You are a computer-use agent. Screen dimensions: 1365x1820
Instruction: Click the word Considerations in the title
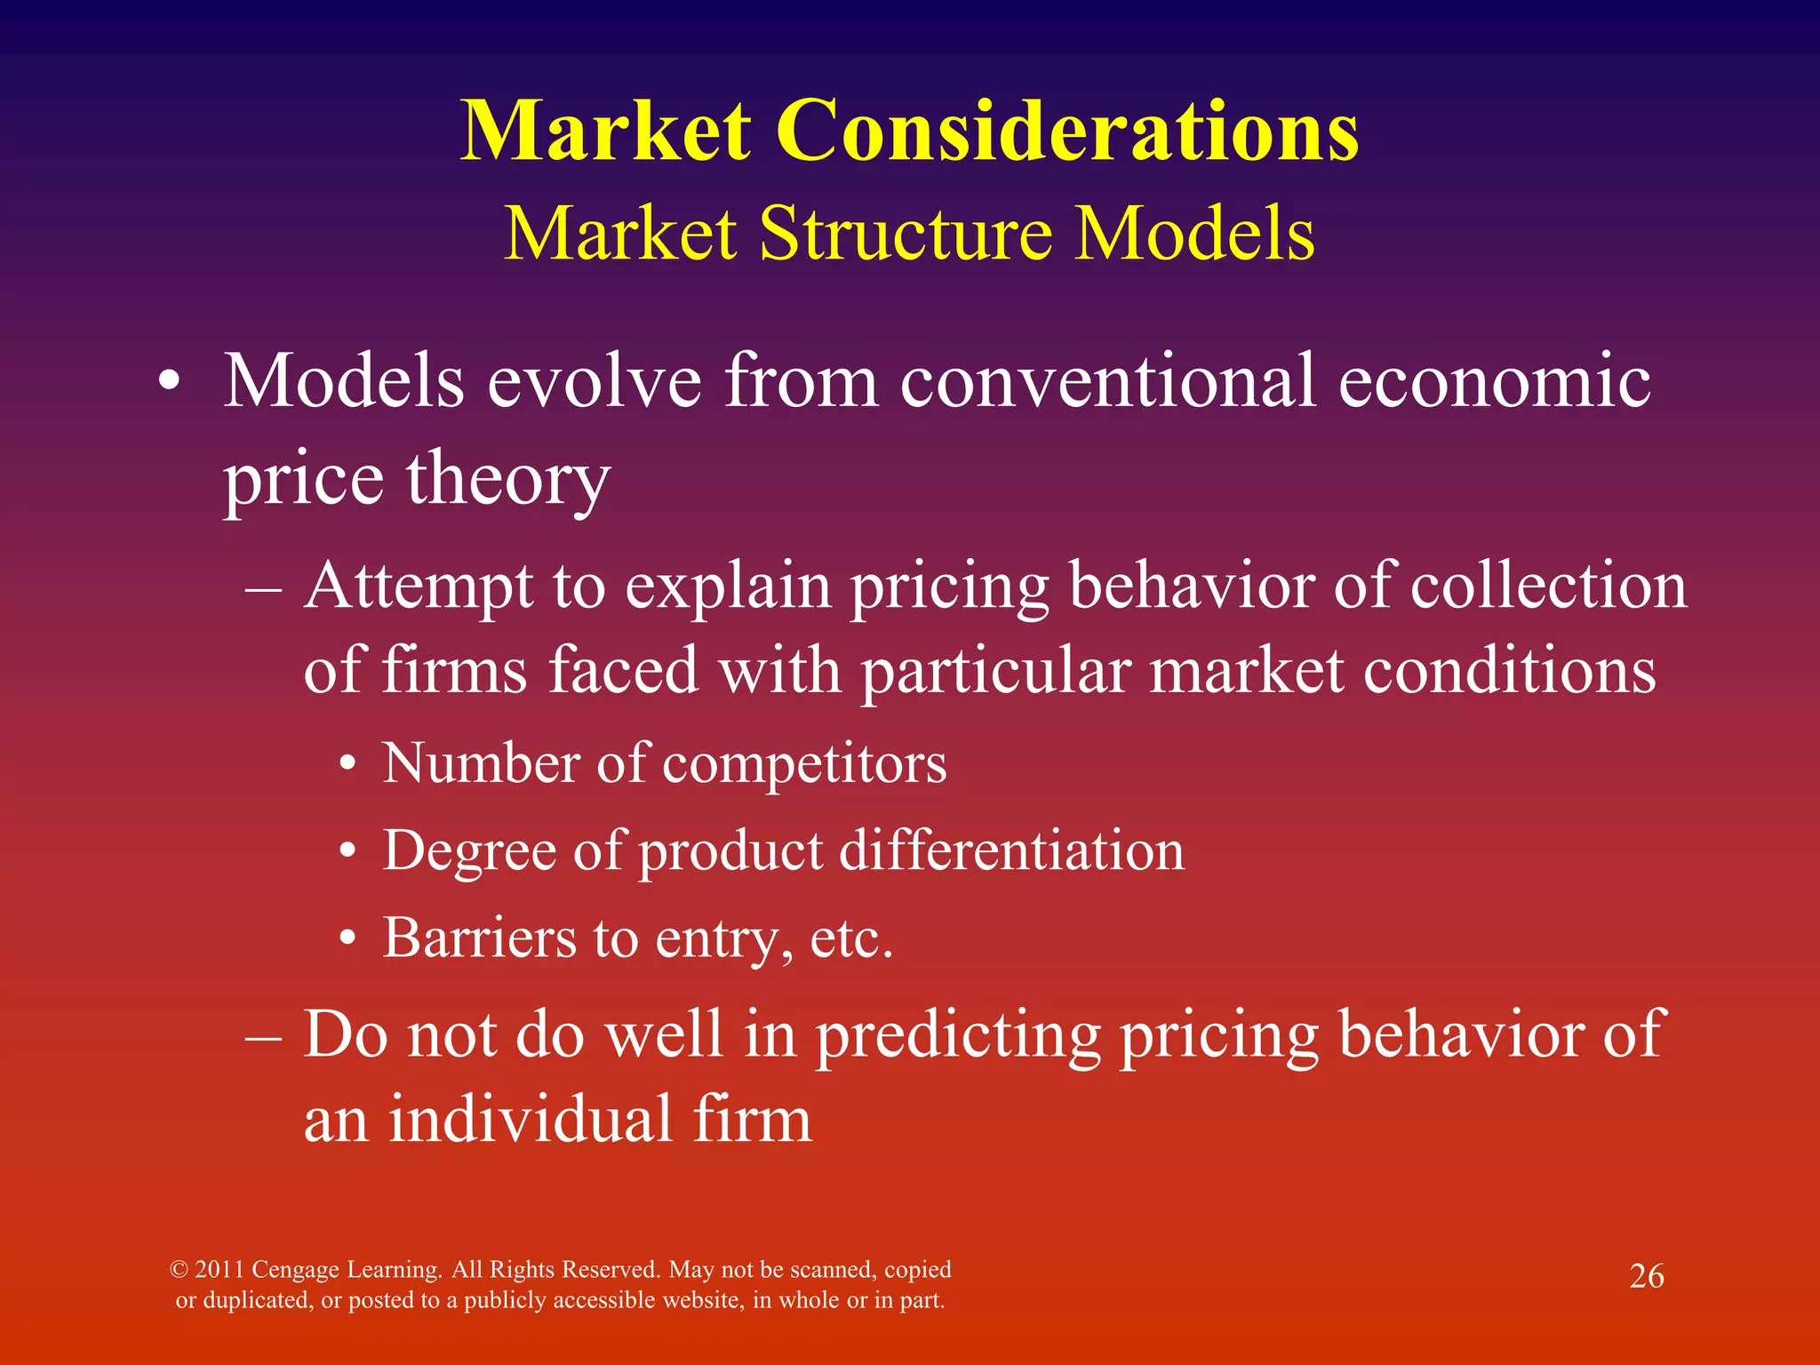1067,132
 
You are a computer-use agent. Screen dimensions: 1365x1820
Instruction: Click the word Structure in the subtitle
906,234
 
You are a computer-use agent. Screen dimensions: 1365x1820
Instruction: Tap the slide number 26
1646,1276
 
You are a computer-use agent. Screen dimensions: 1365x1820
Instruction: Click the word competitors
804,764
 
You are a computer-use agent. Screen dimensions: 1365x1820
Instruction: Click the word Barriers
479,938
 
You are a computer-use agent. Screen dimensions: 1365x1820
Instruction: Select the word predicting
958,1036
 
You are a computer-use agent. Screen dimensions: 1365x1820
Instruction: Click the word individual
530,1120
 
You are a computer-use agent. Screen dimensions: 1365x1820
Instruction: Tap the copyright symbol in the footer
179,1270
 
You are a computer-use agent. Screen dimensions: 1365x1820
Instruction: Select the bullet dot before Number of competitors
348,764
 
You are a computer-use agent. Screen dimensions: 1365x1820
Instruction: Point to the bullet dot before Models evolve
169,384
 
